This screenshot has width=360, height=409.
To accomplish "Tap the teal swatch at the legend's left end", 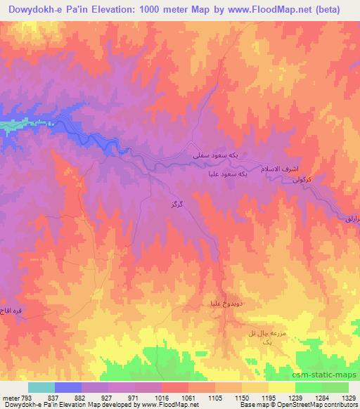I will [41, 387].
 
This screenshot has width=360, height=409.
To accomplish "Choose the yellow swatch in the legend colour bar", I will [281, 387].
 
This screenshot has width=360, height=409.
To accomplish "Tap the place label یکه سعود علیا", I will [226, 174].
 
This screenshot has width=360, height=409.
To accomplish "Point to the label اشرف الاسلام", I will [288, 170].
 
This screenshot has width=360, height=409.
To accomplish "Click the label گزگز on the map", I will [177, 204].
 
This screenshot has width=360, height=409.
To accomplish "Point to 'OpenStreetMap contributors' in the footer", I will [314, 405].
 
